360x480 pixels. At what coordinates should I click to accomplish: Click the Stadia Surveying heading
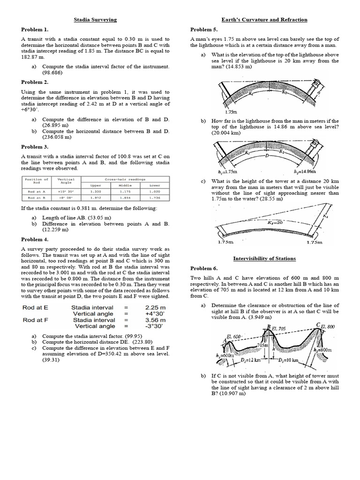coord(95,20)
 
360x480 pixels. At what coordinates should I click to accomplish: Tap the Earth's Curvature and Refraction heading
coord(264,20)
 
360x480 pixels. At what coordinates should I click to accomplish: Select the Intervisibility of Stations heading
coord(264,258)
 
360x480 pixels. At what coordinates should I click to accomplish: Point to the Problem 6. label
coord(203,268)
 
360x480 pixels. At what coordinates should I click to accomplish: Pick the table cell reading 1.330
coord(96,191)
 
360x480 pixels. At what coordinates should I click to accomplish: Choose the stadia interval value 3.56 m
coord(156,320)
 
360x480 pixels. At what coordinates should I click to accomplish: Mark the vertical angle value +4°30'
coord(156,314)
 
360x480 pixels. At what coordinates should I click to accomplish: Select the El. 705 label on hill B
coord(280,329)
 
